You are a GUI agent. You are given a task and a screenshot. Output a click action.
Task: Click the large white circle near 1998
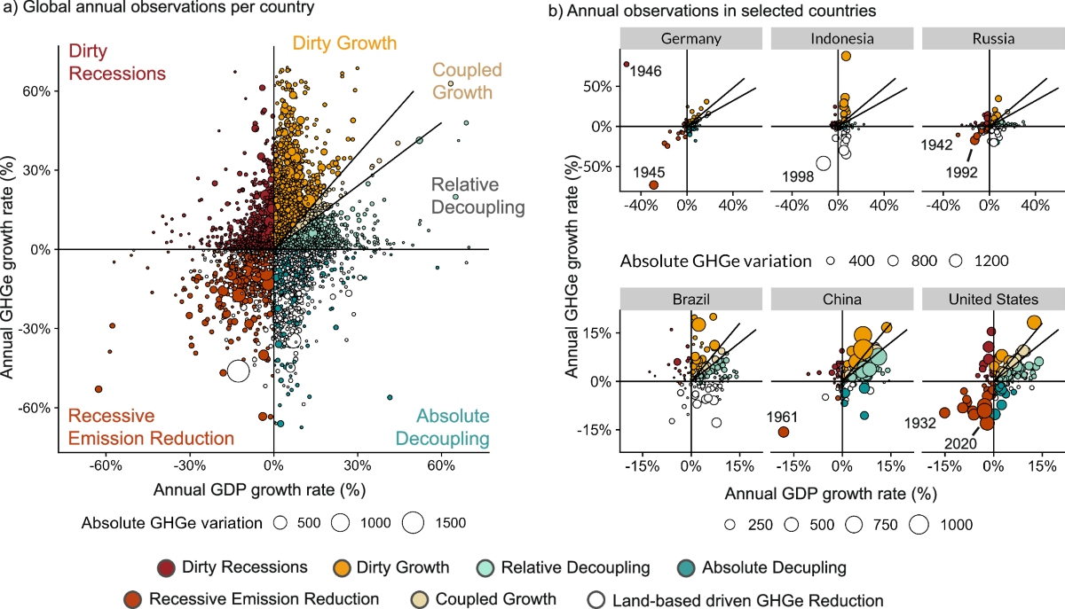824,163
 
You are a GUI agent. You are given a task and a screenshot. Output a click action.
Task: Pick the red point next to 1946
626,64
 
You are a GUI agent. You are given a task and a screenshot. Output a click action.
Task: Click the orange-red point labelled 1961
783,432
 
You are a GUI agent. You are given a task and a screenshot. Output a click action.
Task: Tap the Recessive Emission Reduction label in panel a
151,426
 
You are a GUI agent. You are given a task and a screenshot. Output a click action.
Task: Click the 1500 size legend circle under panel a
412,523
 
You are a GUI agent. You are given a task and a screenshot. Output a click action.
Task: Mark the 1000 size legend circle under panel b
919,524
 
